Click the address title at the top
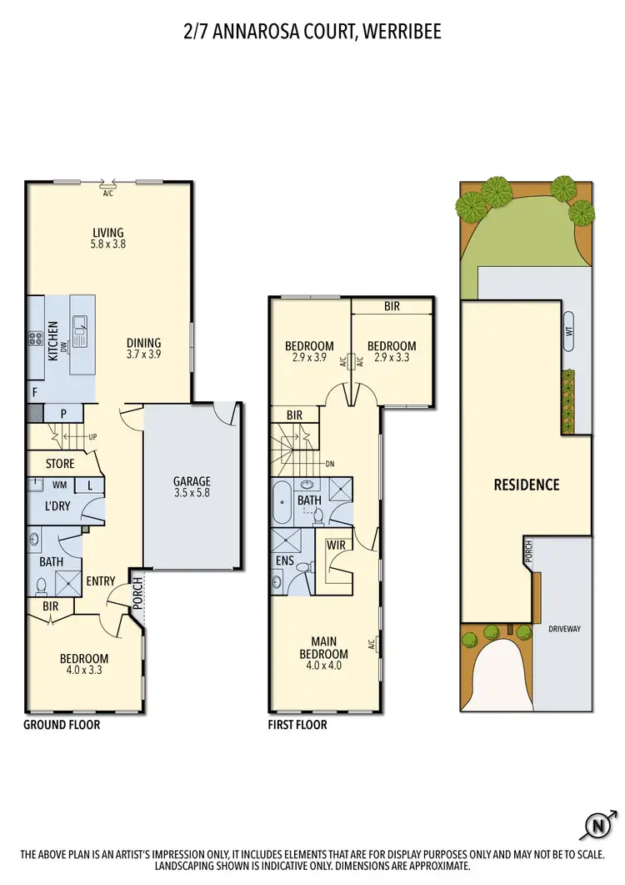(312, 32)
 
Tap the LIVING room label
(108, 233)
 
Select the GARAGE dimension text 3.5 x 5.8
(192, 494)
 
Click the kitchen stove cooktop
(37, 339)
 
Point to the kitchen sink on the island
(82, 332)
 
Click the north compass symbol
(597, 827)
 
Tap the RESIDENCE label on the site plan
(526, 485)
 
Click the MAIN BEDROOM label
(323, 648)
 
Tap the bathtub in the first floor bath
(282, 501)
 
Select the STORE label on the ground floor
(60, 464)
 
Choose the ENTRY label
(100, 581)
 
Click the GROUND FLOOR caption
(62, 725)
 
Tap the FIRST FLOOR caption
(297, 725)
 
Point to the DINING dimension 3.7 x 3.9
(143, 355)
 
